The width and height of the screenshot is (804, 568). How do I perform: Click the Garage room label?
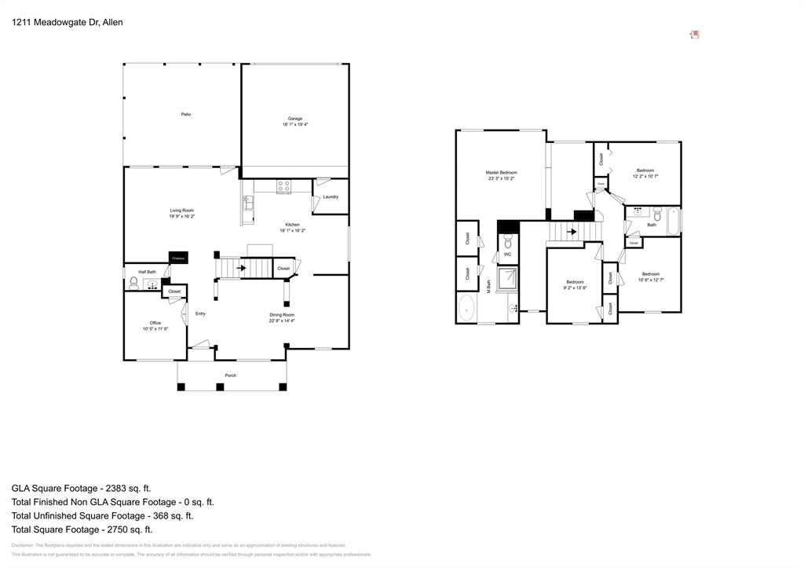[295, 119]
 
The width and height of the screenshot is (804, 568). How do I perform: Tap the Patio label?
[186, 115]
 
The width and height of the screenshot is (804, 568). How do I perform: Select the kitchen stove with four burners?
[283, 187]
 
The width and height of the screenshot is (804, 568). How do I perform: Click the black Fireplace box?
[178, 258]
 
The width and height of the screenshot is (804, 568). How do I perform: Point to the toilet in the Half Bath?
[134, 280]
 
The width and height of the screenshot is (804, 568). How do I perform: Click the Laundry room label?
[331, 196]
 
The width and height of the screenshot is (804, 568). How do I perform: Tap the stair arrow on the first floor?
[240, 269]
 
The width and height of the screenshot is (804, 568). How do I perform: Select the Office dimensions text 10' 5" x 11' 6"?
[155, 328]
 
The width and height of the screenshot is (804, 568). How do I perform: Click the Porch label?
[231, 376]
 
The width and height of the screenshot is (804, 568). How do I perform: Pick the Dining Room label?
[282, 315]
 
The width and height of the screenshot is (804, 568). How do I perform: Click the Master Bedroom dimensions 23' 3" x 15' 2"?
[501, 178]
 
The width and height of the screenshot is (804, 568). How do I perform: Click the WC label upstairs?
[507, 255]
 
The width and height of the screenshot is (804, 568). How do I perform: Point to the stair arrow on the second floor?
[571, 232]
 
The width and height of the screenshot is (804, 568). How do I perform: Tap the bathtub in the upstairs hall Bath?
[673, 220]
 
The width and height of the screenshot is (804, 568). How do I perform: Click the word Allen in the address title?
[112, 23]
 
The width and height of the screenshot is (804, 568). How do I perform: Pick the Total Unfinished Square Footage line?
[102, 515]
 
